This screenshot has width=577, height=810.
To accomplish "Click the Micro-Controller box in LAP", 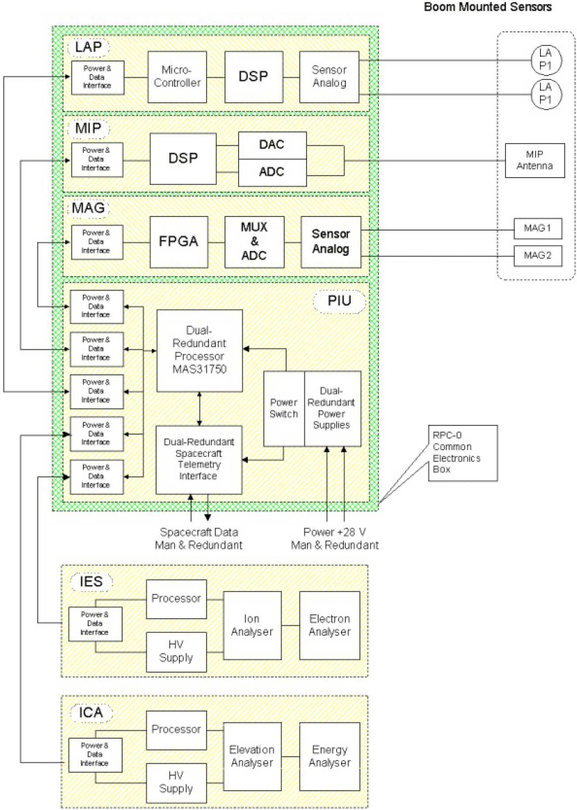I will pyautogui.click(x=177, y=77).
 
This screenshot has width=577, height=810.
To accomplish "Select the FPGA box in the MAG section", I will pyautogui.click(x=179, y=242).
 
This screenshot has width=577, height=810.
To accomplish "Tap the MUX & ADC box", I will pyautogui.click(x=254, y=242).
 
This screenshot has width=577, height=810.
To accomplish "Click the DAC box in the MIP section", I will pyautogui.click(x=272, y=145).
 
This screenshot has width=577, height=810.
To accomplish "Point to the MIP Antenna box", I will pyautogui.click(x=534, y=160).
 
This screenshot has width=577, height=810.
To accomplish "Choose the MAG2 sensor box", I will pyautogui.click(x=537, y=256).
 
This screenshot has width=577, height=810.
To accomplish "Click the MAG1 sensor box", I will pyautogui.click(x=537, y=228).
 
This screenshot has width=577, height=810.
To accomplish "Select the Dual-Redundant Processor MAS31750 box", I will pyautogui.click(x=199, y=350).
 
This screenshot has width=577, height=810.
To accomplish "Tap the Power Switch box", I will pyautogui.click(x=284, y=409).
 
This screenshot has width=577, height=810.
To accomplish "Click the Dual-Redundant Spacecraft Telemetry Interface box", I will pyautogui.click(x=199, y=459).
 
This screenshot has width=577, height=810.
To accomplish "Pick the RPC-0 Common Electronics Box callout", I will pyautogui.click(x=462, y=453).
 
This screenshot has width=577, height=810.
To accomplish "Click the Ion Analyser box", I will pyautogui.click(x=252, y=625).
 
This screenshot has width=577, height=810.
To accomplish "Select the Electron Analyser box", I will pyautogui.click(x=330, y=625).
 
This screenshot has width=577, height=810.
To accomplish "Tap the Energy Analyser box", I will pyautogui.click(x=330, y=756).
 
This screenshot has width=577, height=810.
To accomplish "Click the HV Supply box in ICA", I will pyautogui.click(x=176, y=782).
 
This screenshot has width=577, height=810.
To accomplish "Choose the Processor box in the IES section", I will pyautogui.click(x=176, y=598).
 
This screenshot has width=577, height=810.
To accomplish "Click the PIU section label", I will pyautogui.click(x=339, y=301).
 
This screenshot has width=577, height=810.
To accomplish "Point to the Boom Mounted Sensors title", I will pyautogui.click(x=487, y=7).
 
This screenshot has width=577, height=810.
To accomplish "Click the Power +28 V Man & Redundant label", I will pyautogui.click(x=335, y=538).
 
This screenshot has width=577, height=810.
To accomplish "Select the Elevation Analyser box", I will pyautogui.click(x=252, y=756).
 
